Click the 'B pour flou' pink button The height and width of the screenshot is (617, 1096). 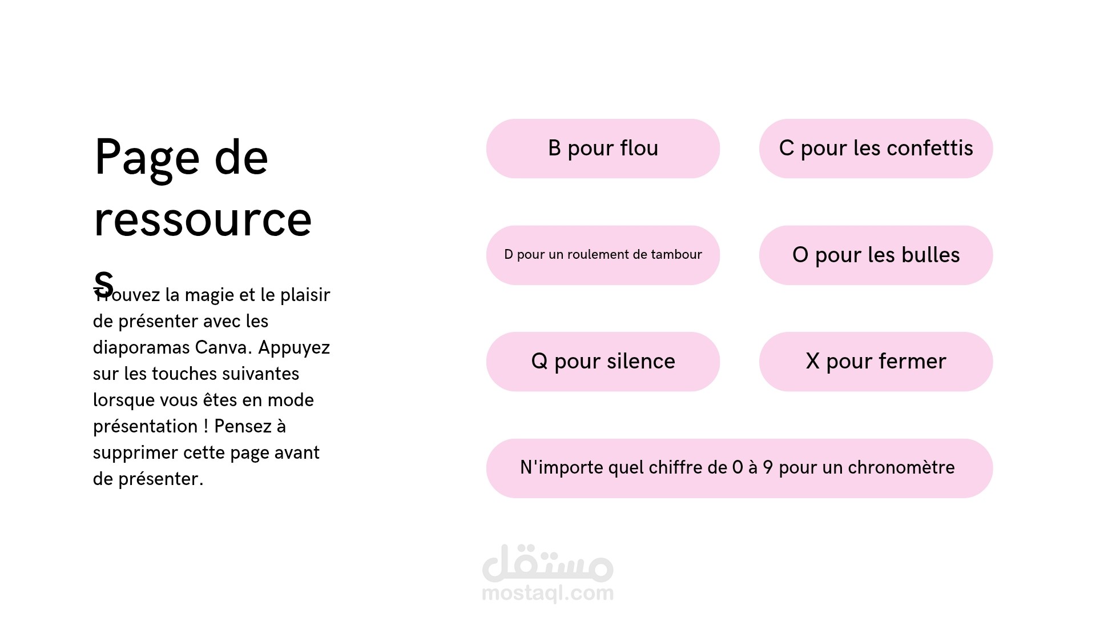(603, 149)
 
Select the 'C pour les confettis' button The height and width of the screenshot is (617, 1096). (876, 149)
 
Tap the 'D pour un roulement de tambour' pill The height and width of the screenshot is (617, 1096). (603, 255)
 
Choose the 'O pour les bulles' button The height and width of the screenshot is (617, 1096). (876, 255)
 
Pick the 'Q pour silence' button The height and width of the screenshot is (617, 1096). (603, 362)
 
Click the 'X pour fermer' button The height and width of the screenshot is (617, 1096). (876, 362)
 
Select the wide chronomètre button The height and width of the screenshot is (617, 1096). (739, 468)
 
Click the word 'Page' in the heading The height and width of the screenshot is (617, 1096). (147, 159)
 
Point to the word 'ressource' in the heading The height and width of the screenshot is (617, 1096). (203, 221)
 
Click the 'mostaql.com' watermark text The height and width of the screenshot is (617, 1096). (547, 594)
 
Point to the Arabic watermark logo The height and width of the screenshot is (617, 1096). (547, 563)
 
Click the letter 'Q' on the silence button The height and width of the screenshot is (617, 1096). (539, 362)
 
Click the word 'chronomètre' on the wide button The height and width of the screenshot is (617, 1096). (901, 467)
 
